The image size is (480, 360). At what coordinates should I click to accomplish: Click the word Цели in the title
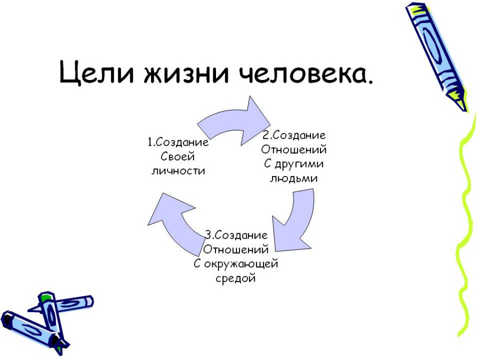point(96,73)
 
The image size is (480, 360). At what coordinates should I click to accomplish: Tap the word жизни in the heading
point(186,73)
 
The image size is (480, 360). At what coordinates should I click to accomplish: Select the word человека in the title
point(301,73)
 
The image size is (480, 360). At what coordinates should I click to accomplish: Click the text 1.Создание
point(178,142)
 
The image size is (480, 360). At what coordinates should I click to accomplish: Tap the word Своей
point(178,157)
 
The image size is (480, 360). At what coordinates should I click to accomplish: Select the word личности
point(178,171)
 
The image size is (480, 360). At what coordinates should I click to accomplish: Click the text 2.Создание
point(294,135)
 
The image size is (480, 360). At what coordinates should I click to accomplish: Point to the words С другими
point(293,164)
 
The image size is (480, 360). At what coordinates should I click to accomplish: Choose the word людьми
point(293,179)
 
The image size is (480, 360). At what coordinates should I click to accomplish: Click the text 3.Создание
point(236,235)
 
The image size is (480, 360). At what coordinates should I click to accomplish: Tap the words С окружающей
point(236,264)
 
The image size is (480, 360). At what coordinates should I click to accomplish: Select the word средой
point(235,278)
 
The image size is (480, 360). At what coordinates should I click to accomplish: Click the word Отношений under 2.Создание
point(293,150)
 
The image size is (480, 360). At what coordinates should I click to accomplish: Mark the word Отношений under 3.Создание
point(236,250)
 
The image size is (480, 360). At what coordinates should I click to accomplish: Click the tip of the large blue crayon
point(466,110)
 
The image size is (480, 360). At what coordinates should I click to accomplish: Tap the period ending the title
point(371,82)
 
